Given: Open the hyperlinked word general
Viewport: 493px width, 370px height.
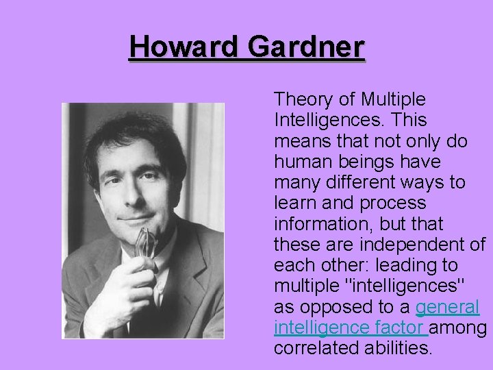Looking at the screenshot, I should pos(447,307).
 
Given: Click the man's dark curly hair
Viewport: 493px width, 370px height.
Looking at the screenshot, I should pos(137,134).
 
